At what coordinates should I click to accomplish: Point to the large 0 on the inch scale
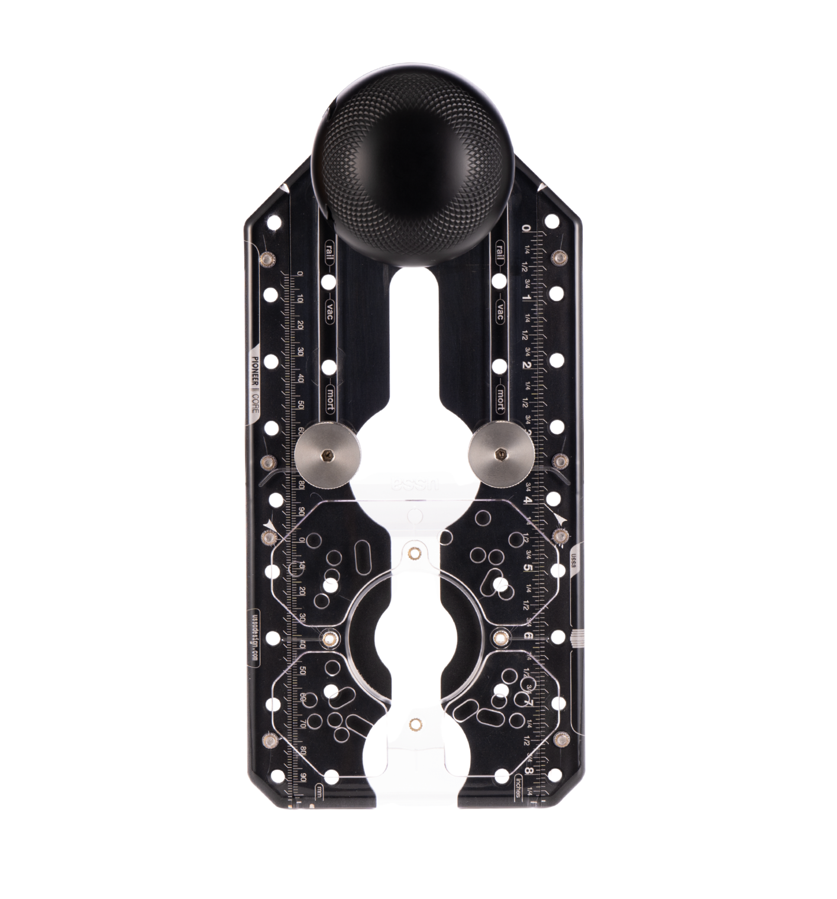click(526, 230)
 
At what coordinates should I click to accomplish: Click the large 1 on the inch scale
click(526, 297)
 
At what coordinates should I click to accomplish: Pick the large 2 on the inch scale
click(526, 365)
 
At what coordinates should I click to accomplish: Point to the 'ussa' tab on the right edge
click(573, 560)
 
